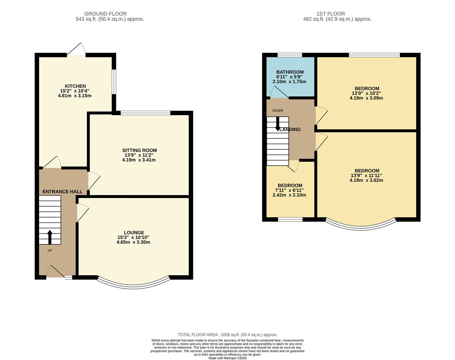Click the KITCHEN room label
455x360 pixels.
click(x=75, y=86)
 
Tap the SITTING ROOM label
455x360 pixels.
click(x=139, y=150)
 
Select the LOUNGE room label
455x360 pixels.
click(x=134, y=233)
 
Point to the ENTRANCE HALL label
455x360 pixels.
click(x=62, y=192)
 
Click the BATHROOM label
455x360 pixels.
click(x=290, y=72)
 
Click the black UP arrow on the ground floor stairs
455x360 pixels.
click(x=50, y=237)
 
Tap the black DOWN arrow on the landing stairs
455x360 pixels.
click(x=277, y=124)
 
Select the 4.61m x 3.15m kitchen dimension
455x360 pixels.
click(x=75, y=96)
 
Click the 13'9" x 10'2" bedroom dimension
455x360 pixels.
click(x=366, y=93)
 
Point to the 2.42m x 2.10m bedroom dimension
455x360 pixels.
click(x=289, y=195)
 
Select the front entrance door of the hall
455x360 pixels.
click(x=55, y=272)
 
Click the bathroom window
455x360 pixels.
click(x=290, y=55)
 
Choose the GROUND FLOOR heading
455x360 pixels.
click(x=105, y=14)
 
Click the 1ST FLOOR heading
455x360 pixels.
click(x=331, y=14)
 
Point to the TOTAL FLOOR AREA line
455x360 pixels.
click(x=227, y=335)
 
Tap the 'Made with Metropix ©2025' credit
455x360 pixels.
click(x=227, y=358)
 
